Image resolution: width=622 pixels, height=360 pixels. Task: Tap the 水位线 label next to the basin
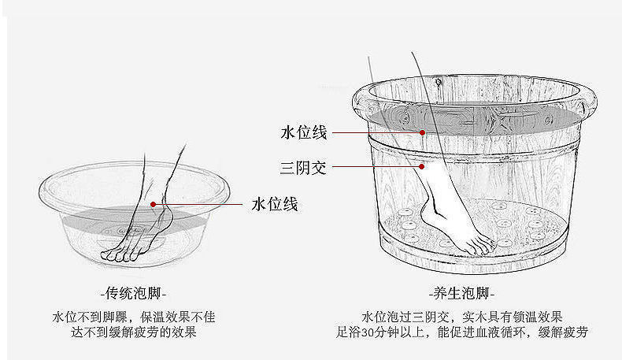click(x=274, y=205)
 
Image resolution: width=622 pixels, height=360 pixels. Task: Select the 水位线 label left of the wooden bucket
click(x=303, y=132)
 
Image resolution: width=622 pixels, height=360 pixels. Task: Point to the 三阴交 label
click(x=303, y=167)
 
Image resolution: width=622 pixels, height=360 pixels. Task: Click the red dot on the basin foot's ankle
click(x=154, y=204)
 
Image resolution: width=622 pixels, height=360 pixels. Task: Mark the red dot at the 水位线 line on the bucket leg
click(x=423, y=132)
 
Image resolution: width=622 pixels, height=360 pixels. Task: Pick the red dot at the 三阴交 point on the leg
click(x=423, y=166)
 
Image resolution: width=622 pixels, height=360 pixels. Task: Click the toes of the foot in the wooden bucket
click(x=480, y=246)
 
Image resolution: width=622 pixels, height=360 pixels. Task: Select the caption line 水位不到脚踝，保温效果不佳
click(x=133, y=317)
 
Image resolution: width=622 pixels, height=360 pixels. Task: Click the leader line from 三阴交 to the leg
click(x=374, y=166)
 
